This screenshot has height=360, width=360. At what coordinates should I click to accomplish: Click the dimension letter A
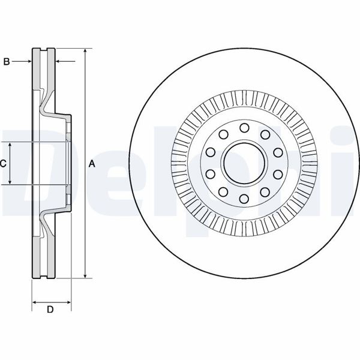[92, 163]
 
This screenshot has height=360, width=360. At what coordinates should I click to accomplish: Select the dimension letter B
[7, 61]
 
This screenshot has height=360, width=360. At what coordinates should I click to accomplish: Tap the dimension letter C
[4, 163]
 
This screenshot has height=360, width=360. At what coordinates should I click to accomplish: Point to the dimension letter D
[50, 310]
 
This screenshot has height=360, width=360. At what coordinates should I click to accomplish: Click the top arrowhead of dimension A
[85, 51]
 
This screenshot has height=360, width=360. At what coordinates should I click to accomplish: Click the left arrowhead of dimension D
[34, 301]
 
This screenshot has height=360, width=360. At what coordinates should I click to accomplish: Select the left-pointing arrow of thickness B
[59, 61]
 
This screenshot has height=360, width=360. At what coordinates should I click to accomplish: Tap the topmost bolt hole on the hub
[244, 127]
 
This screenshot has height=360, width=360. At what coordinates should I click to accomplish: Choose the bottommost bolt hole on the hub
[244, 199]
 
